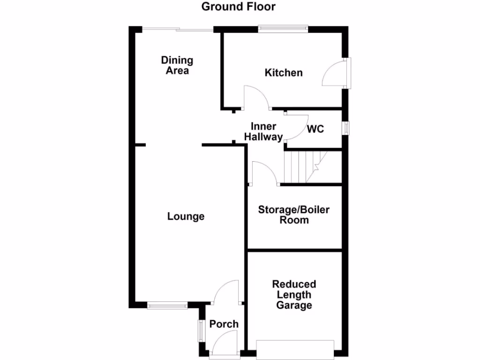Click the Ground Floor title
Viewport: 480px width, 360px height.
click(x=239, y=7)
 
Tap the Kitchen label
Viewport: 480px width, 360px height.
click(x=284, y=73)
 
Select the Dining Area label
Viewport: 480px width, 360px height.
click(x=177, y=65)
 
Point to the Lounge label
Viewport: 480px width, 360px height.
click(x=186, y=216)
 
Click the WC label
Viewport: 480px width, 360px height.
click(x=315, y=129)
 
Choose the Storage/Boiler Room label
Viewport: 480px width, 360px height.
click(x=294, y=214)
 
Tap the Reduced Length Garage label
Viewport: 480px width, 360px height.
click(x=294, y=295)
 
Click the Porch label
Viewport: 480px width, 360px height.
click(x=224, y=324)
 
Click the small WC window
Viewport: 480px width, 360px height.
click(x=346, y=128)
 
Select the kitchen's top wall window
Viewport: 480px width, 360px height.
click(x=283, y=29)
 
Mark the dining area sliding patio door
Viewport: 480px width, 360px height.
click(x=178, y=29)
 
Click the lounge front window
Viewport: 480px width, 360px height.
click(x=167, y=306)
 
